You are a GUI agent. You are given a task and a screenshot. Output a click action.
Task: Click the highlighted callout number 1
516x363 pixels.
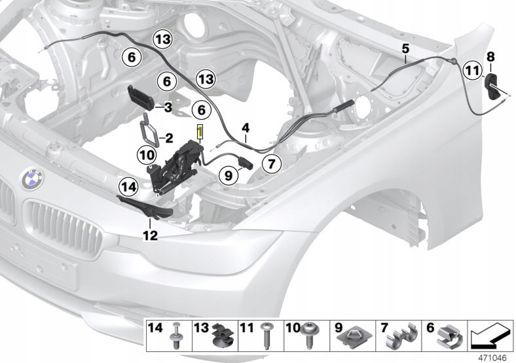(200, 132)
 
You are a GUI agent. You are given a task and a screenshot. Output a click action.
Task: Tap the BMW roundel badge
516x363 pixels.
(32, 179)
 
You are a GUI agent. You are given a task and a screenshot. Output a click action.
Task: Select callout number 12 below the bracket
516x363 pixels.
(150, 235)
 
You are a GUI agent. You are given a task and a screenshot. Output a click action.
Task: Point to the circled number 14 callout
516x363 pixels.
(128, 187)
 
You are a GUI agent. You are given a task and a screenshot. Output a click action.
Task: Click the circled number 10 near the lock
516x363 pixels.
(147, 154)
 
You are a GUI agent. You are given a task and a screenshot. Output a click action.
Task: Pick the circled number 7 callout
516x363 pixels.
(271, 164)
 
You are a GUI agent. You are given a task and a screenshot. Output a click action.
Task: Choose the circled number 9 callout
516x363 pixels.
(229, 175)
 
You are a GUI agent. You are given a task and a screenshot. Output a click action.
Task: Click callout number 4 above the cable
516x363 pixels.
(246, 128)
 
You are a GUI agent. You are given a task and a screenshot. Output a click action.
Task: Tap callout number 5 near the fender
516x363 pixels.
(405, 49)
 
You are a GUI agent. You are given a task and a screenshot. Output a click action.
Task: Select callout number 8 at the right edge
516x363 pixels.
(490, 57)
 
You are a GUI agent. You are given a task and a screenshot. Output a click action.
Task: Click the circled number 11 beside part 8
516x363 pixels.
(472, 71)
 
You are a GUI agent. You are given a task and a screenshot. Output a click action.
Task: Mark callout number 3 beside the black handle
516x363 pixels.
(168, 107)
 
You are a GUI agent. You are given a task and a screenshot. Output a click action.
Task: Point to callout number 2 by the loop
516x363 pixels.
(169, 138)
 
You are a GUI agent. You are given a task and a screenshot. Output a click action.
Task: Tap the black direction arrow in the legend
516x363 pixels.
(490, 336)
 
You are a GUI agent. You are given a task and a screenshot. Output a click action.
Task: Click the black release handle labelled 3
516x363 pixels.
(141, 95)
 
